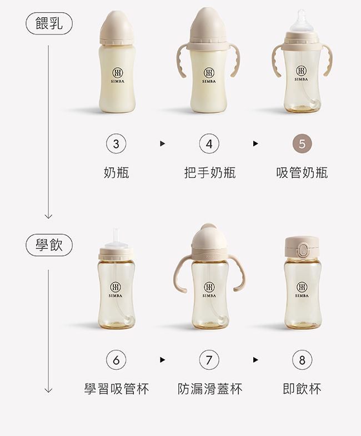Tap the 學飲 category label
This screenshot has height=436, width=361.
point(49,245)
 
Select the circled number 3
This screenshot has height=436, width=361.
point(116,144)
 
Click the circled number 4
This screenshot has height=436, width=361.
point(208,144)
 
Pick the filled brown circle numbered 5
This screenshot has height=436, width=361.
point(302,144)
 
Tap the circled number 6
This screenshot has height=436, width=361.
point(116,360)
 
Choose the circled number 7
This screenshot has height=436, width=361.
point(208,360)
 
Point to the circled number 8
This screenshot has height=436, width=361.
point(302,360)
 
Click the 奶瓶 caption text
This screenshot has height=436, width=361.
point(116,173)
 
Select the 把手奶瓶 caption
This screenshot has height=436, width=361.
point(209,173)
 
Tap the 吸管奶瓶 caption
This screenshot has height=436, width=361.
point(302,173)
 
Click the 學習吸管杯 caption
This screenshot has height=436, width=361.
point(116,388)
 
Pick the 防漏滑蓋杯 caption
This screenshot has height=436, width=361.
point(209,388)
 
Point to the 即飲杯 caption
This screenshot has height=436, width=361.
point(302,388)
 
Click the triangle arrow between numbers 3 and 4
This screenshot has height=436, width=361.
point(162,144)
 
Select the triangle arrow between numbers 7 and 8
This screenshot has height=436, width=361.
point(255,360)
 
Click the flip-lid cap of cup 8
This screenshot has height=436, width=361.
point(302,247)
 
